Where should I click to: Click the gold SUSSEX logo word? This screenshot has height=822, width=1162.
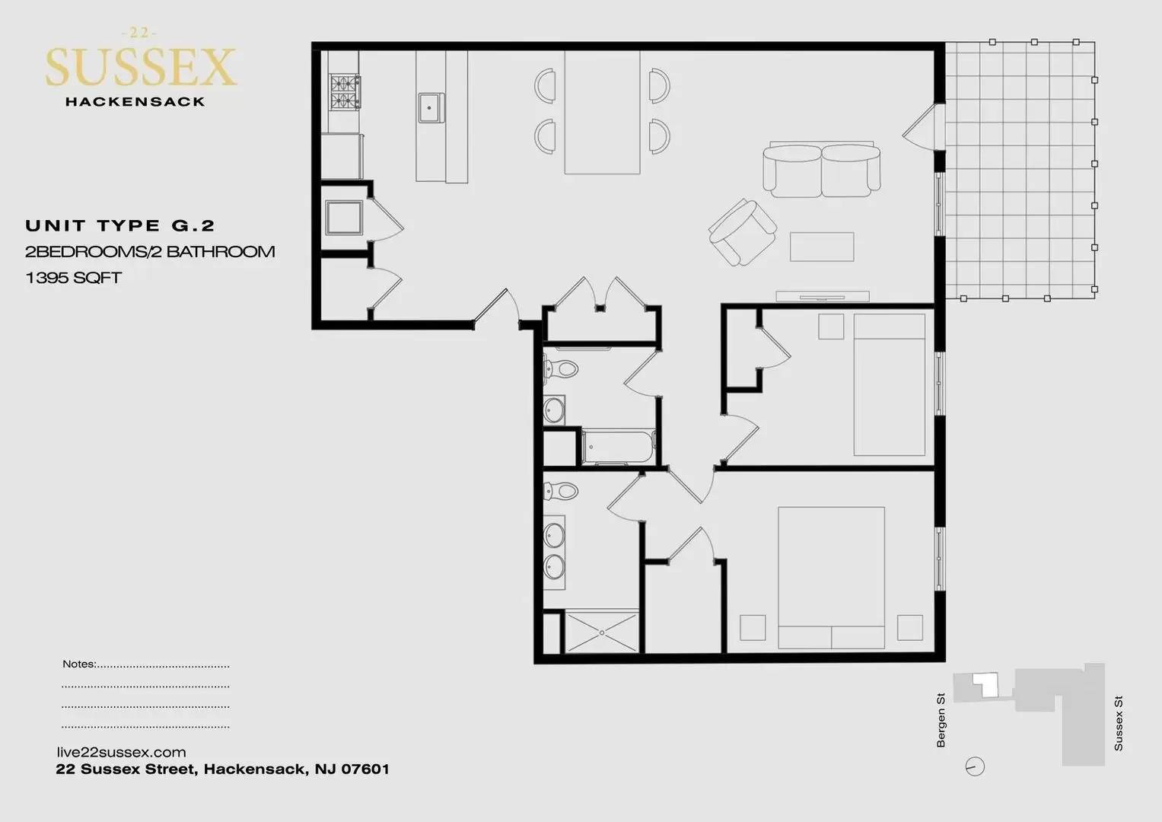(x=141, y=67)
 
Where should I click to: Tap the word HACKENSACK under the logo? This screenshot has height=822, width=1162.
(x=135, y=102)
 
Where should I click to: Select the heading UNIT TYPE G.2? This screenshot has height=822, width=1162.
(x=119, y=226)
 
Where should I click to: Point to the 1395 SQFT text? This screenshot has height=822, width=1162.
(x=73, y=278)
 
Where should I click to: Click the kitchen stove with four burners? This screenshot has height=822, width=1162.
(x=345, y=92)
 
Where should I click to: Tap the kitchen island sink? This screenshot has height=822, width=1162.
(x=431, y=108)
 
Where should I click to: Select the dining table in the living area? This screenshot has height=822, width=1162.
(x=602, y=112)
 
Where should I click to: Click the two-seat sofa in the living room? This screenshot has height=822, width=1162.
(x=821, y=170)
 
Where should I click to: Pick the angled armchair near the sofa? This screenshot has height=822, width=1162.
(x=743, y=232)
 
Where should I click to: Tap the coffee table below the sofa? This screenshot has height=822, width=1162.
(x=822, y=247)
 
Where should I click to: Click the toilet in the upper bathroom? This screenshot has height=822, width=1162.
(x=561, y=370)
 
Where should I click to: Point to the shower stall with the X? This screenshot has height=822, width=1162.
(x=602, y=632)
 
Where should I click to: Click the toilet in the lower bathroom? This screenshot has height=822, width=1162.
(x=561, y=490)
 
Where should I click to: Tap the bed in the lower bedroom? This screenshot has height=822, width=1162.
(x=831, y=578)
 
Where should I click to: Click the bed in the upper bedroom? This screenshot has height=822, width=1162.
(x=889, y=384)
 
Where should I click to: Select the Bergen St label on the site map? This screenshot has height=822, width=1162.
(x=941, y=720)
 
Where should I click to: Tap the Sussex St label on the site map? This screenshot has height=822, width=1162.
(x=1119, y=723)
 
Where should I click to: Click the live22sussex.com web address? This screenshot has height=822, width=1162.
(x=121, y=753)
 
